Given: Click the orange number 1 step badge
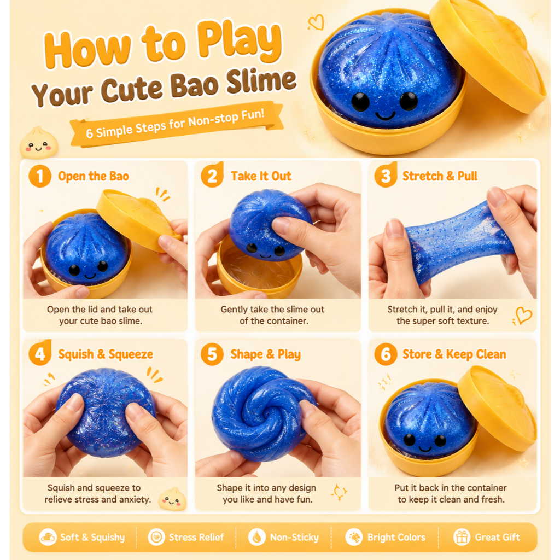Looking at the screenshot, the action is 39,176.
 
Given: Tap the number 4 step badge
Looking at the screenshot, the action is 39,354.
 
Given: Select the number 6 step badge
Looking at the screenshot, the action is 386,354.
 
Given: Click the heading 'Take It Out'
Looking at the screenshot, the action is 261,176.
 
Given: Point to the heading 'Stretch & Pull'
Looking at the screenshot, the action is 440,176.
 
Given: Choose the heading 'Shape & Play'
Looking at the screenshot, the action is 265,354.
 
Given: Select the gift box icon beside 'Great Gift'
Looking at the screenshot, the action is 462,537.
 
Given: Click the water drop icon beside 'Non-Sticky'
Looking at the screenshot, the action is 256,537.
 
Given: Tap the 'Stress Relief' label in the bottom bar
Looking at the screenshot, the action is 196,537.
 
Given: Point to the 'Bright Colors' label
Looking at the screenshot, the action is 396,537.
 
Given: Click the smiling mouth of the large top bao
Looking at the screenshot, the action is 386,116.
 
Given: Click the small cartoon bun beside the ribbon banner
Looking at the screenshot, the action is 39,143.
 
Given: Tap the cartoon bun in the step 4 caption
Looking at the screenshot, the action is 172,499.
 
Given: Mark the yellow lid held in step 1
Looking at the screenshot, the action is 137,219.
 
